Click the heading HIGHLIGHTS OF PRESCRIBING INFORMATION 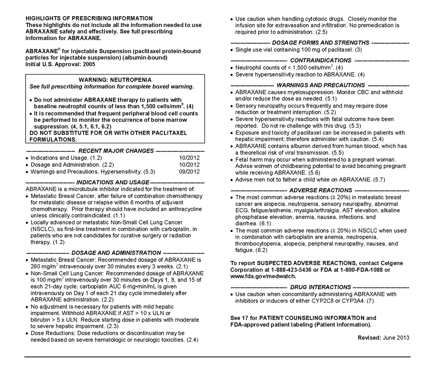89,18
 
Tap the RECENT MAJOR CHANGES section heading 115,151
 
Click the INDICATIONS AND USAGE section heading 113,182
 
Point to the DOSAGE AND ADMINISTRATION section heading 116,253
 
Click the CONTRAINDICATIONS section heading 321,60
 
